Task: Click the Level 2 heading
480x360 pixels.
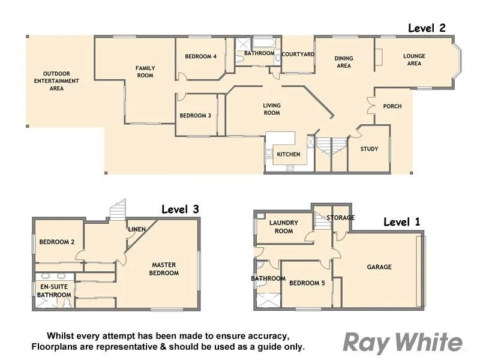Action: (427, 28)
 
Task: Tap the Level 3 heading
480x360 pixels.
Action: (180, 209)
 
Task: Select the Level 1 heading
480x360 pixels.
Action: (402, 222)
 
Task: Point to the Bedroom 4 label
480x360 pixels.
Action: (200, 56)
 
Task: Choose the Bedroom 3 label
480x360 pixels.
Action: (196, 116)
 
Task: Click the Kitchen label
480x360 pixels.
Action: (288, 155)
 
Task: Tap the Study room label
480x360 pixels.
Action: (369, 149)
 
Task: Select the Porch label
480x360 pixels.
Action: (392, 106)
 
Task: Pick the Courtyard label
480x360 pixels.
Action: (298, 54)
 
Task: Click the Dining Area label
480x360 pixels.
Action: (344, 62)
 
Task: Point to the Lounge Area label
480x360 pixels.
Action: (414, 60)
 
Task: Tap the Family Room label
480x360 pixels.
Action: (145, 72)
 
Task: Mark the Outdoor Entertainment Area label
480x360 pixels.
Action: (56, 81)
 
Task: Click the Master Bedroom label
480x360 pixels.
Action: (165, 269)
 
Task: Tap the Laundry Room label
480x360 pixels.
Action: (284, 227)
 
